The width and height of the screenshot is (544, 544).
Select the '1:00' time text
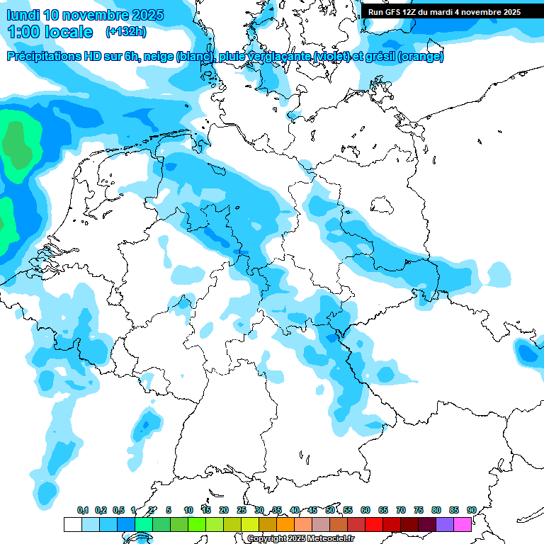(23, 32)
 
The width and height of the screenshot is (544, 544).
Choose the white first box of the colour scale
(72, 524)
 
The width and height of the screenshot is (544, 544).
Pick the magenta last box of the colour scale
(463, 524)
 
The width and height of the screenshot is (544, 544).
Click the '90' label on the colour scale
(471, 510)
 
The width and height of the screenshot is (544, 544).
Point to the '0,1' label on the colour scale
(83, 510)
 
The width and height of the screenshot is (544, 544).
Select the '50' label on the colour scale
(330, 510)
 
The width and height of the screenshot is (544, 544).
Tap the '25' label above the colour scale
(242, 510)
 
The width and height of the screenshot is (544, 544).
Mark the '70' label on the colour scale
(401, 510)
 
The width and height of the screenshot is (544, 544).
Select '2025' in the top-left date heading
(147, 15)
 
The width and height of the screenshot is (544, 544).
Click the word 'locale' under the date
(68, 32)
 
